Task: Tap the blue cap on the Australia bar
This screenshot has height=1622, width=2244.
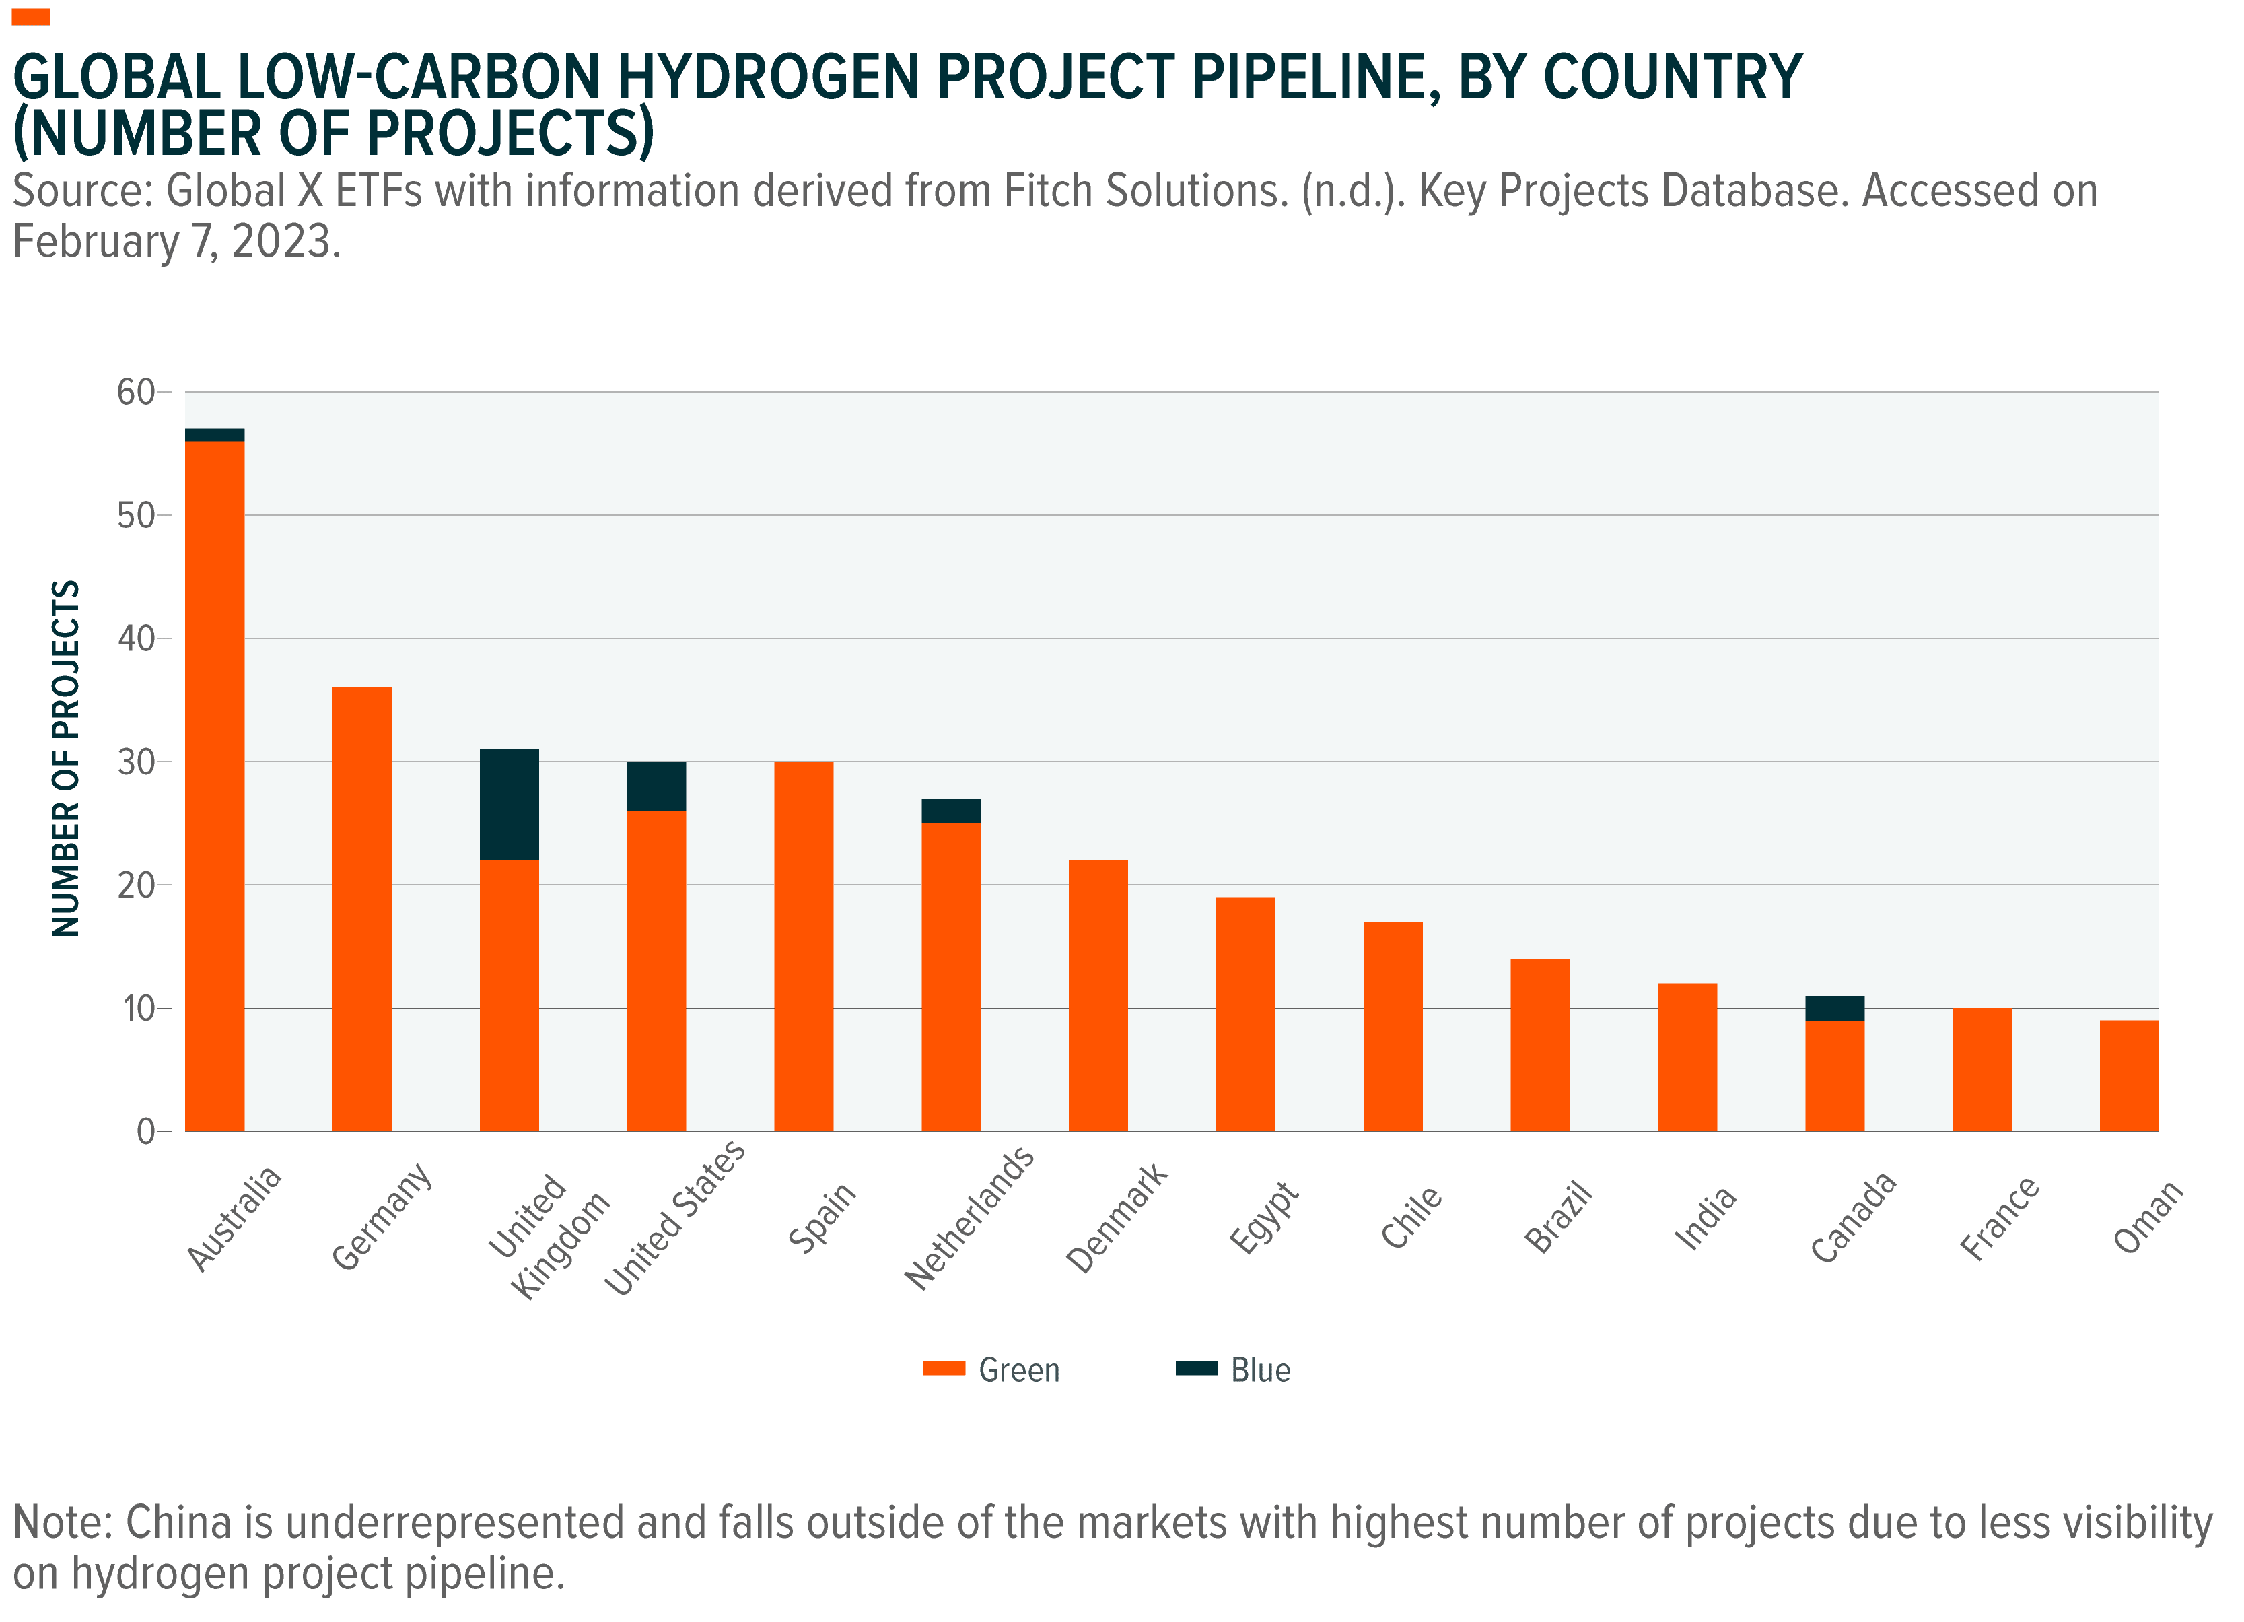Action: click(215, 434)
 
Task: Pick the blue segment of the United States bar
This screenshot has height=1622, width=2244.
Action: click(656, 786)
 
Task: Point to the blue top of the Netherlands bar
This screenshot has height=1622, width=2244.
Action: click(951, 811)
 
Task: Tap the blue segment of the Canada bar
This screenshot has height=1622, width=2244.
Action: click(1834, 1007)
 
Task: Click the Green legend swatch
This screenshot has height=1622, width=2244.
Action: click(944, 1369)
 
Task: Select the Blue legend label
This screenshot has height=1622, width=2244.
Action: click(1261, 1370)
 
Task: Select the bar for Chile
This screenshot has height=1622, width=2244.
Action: click(1392, 1025)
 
